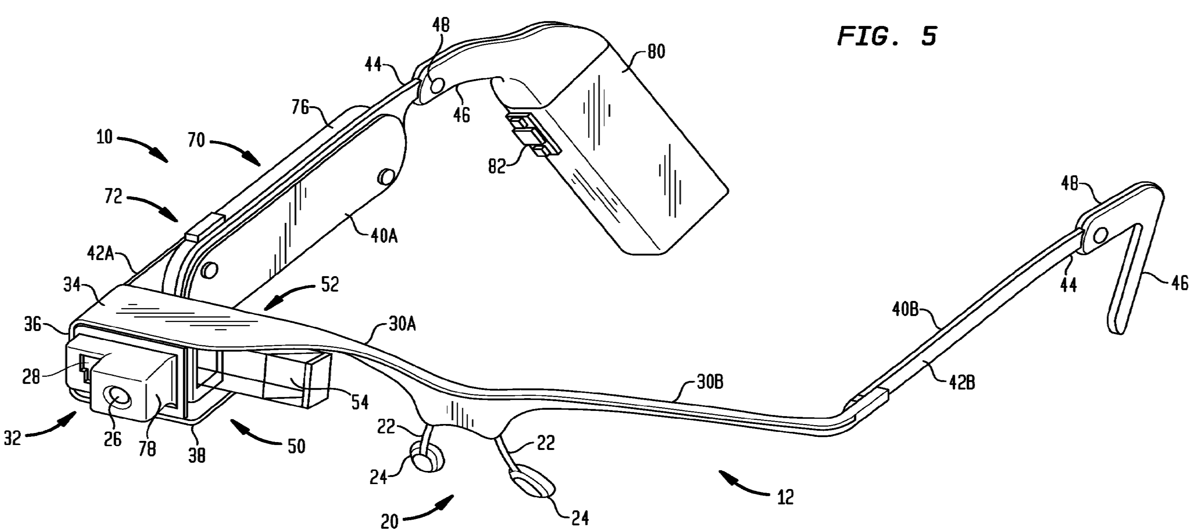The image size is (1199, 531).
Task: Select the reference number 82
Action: click(x=497, y=166)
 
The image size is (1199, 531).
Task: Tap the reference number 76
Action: click(x=300, y=108)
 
